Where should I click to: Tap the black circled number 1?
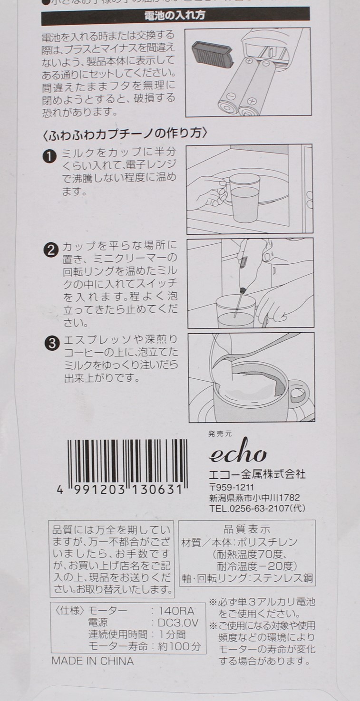pos(50,156)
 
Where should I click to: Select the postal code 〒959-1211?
pos(232,488)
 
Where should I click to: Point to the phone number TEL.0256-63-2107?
pos(257,509)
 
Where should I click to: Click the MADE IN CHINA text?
pos(93,661)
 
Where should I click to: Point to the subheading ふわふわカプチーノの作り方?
pos(125,134)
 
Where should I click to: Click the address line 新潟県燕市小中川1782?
pos(254,498)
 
